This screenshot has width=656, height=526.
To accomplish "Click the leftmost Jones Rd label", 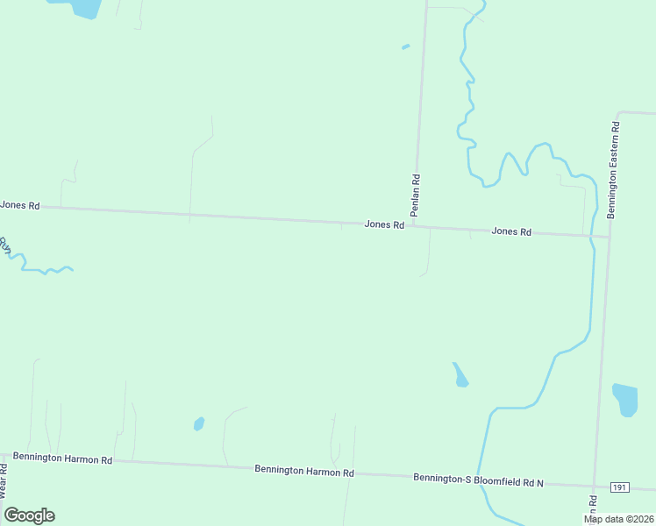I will [x=20, y=205].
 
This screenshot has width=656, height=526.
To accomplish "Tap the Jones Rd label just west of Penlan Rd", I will [x=384, y=224].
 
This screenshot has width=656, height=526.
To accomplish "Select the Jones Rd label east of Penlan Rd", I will [x=511, y=231].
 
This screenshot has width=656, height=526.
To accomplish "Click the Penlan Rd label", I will [x=416, y=195].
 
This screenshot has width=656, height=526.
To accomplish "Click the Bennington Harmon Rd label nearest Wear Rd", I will [x=62, y=459].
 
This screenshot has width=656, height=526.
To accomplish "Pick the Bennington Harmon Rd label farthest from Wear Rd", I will [x=303, y=471].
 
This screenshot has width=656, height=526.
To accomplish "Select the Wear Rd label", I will [x=4, y=481].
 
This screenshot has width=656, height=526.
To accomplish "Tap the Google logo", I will [x=29, y=515].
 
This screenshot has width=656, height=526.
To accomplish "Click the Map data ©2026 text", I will [x=618, y=519].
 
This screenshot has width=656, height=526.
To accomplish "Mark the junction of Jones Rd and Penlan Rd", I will [x=412, y=225].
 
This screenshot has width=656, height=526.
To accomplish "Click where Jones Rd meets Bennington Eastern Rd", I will [x=608, y=237].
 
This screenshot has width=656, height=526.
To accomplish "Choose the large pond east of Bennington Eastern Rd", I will [x=625, y=399].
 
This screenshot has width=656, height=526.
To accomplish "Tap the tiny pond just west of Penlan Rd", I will [x=405, y=46].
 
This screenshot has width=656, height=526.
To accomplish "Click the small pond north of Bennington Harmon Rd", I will [x=199, y=424].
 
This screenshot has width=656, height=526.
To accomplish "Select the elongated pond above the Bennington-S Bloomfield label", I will [x=460, y=375].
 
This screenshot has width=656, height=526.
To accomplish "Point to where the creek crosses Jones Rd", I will [x=593, y=236].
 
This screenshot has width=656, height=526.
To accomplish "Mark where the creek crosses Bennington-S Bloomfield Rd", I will [x=478, y=480].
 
